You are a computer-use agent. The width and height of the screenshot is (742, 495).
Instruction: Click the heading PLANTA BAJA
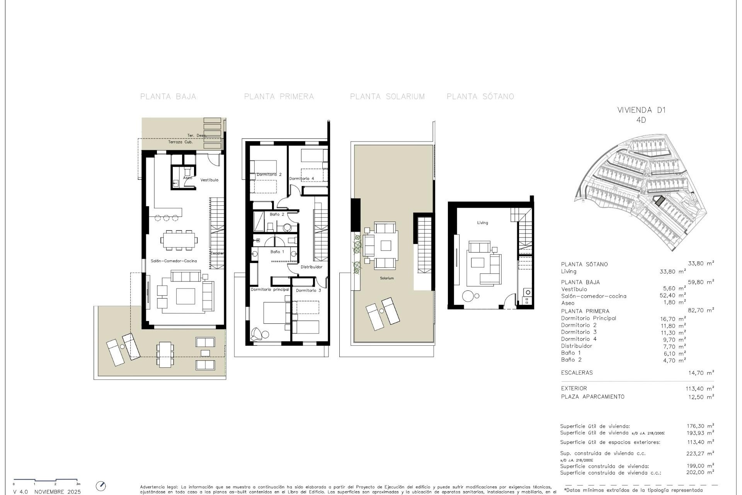point(168,97)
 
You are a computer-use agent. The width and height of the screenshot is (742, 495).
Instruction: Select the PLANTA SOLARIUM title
point(387,97)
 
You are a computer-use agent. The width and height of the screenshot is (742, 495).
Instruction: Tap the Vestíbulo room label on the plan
point(209,180)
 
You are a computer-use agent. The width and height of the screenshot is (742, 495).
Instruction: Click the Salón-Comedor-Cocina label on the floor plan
point(174,261)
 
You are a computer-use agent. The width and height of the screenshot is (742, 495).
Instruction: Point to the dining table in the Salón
point(179,240)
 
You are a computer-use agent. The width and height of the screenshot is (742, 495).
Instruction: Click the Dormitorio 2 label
point(269,175)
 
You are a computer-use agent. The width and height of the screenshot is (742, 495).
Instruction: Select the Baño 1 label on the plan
point(277,252)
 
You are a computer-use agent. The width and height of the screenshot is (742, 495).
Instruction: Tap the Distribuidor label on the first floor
point(311,267)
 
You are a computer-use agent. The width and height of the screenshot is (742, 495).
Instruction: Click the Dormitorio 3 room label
point(308,290)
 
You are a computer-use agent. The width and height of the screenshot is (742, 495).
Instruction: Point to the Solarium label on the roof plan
point(386,278)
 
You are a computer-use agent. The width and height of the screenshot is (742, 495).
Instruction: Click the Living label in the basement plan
point(482,223)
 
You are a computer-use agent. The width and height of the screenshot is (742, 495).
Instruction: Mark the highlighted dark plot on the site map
point(659,200)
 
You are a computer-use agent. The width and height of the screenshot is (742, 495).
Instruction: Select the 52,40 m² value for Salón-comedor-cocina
point(673,296)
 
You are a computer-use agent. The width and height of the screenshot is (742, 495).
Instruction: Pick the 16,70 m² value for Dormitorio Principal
point(673,319)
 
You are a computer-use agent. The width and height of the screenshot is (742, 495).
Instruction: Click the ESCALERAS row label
point(577,373)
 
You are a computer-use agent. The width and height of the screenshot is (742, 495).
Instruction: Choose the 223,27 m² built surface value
point(700,454)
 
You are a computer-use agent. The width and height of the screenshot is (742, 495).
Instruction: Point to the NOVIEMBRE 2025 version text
point(58,492)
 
